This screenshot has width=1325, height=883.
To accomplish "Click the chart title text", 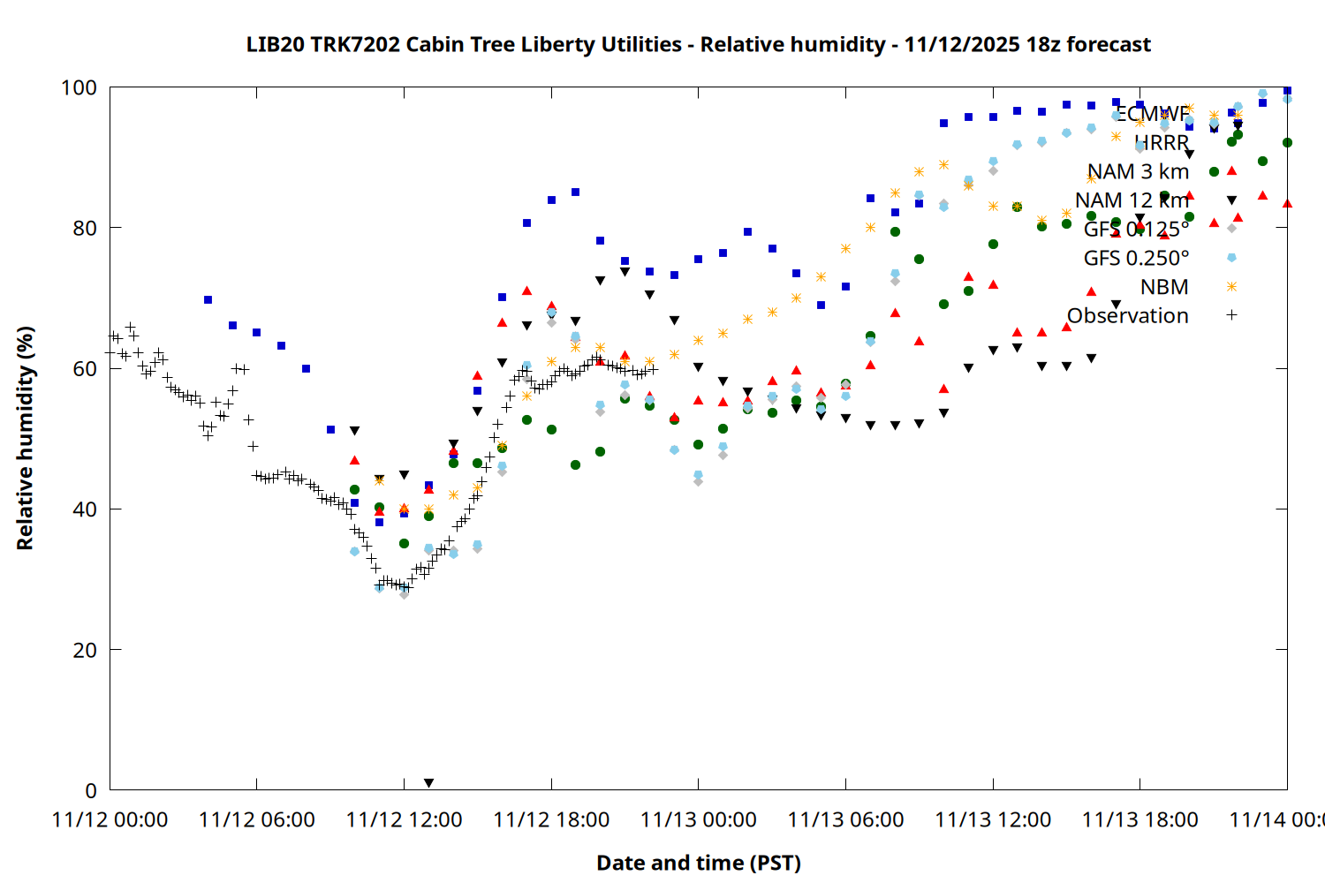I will (698, 44).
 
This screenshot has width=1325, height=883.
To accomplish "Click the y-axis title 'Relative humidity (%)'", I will (25, 438).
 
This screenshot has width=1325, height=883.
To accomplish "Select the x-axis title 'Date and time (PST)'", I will (698, 863).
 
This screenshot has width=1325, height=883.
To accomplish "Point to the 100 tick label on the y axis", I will (79, 87).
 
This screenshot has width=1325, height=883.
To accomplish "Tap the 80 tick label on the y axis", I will (85, 228).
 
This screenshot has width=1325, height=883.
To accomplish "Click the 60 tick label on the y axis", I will (85, 368).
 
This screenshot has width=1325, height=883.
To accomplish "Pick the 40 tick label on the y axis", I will (85, 509).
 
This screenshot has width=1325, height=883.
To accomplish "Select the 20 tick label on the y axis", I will (85, 650).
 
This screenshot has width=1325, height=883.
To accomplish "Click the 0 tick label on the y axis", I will (91, 790).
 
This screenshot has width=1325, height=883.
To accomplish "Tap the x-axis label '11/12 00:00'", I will (110, 820).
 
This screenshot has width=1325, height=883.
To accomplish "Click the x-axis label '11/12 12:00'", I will (404, 820).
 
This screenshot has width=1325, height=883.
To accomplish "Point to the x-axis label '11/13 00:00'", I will (698, 820).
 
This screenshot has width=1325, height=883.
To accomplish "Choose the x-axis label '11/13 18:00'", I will (1139, 820).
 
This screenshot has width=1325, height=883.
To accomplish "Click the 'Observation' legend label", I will (1127, 315).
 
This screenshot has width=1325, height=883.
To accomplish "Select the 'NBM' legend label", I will (1164, 287).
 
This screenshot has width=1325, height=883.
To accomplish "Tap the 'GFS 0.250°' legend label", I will (1136, 258).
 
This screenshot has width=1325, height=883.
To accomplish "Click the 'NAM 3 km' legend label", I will (1138, 171).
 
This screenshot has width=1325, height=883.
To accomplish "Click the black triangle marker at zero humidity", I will (428, 783).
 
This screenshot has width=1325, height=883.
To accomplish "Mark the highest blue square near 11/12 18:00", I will (575, 192).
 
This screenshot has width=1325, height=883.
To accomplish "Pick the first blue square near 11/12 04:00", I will (208, 299).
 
